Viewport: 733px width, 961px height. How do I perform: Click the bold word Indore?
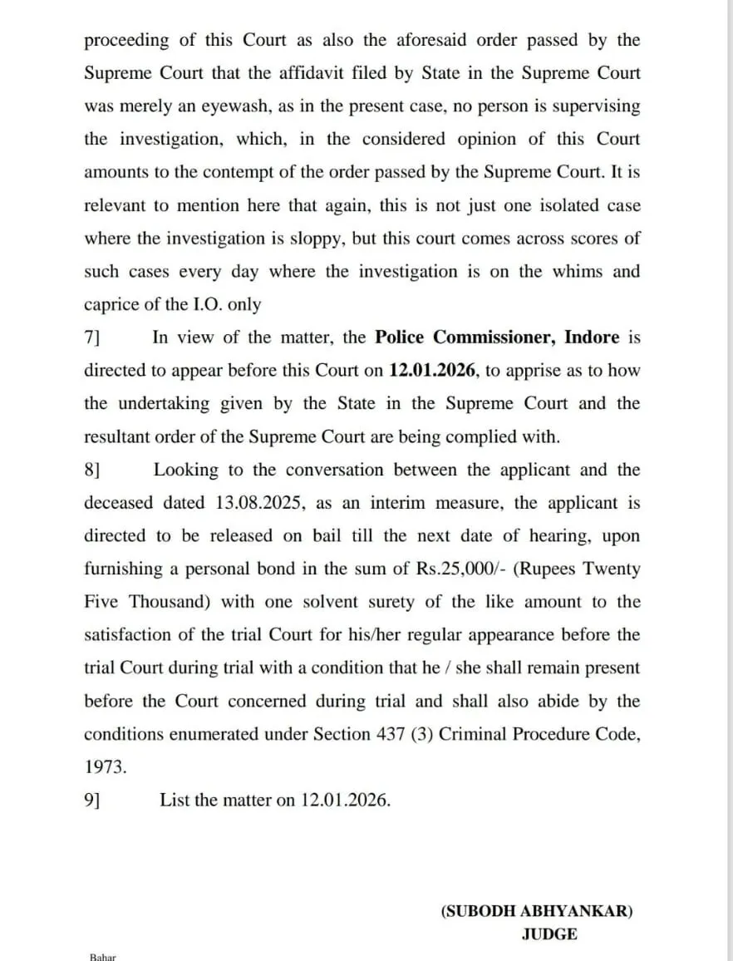point(592,338)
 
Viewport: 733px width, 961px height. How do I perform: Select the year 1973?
point(106,767)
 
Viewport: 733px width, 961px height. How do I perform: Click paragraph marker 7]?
point(93,338)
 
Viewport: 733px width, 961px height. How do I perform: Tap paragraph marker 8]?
point(93,470)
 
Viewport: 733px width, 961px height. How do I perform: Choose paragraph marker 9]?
point(93,800)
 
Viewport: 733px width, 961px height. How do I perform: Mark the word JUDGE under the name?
point(549,934)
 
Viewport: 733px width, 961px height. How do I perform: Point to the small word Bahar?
point(103,956)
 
